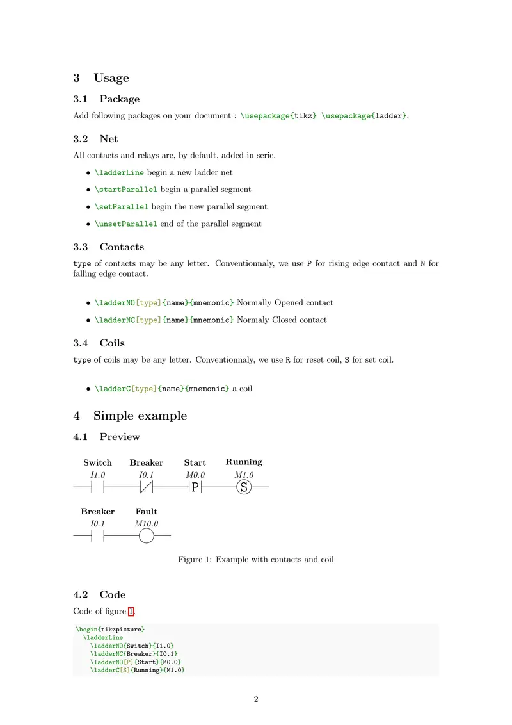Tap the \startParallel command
[125, 190]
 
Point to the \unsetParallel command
[125, 224]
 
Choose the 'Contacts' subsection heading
[122, 247]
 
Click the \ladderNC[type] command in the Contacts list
[127, 320]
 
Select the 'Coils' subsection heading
[112, 343]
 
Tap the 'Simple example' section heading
[140, 416]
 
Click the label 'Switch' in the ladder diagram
[97, 462]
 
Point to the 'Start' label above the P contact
[195, 462]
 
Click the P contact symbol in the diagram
[195, 488]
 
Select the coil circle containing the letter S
[244, 488]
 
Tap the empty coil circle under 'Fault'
[147, 535]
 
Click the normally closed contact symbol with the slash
[147, 488]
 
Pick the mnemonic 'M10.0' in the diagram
[147, 524]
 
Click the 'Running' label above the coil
[244, 462]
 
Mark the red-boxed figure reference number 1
[131, 612]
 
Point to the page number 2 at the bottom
[256, 699]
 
